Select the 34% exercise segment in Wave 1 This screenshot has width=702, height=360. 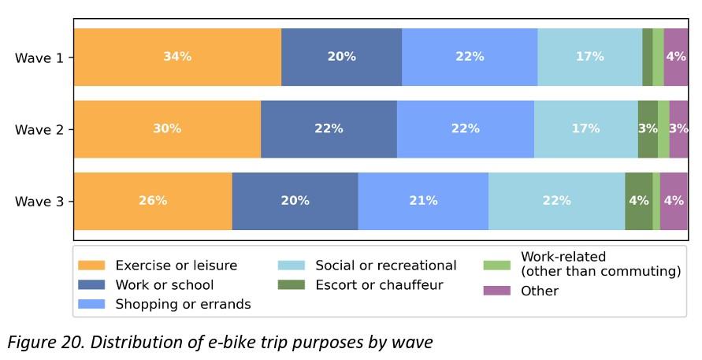click(x=177, y=57)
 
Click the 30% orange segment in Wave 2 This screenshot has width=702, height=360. click(x=167, y=129)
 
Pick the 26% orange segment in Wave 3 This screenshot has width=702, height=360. click(x=153, y=201)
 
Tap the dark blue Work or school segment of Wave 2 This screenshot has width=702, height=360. click(x=329, y=129)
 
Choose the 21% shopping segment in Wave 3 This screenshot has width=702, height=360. click(x=423, y=201)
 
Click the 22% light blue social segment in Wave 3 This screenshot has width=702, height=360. click(x=556, y=201)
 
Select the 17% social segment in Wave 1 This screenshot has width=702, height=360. click(x=589, y=57)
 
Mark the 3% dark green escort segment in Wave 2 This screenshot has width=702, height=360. click(x=648, y=129)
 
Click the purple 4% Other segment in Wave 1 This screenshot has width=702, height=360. click(x=675, y=57)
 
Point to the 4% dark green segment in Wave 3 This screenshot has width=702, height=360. click(x=638, y=201)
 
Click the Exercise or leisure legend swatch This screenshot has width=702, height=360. click(x=91, y=265)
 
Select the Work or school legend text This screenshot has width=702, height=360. click(x=165, y=285)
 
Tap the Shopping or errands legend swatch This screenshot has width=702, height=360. click(x=91, y=304)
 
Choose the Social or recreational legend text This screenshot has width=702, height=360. click(x=386, y=265)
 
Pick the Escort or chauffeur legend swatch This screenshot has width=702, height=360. click(x=292, y=285)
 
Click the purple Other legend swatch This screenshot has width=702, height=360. click(x=497, y=291)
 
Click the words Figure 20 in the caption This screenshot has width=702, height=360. click(x=37, y=343)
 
